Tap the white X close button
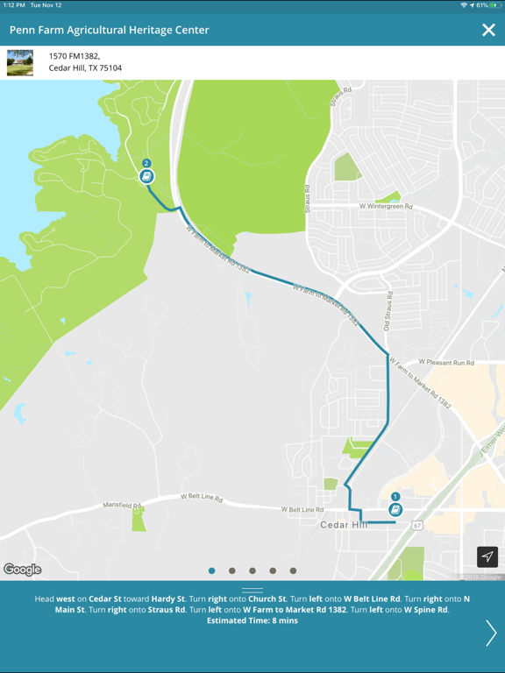488,30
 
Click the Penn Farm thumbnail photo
20,62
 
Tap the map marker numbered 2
146,175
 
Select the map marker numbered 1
395,508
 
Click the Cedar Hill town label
343,525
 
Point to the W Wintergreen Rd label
386,207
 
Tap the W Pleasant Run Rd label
445,362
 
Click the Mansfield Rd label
123,506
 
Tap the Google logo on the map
22,570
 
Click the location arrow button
487,556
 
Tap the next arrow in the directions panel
490,633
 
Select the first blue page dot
211,570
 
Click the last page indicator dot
293,570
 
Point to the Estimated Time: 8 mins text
252,620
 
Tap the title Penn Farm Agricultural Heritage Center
110,30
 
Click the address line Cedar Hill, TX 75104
85,68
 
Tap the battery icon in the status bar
495,5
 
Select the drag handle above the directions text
252,591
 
